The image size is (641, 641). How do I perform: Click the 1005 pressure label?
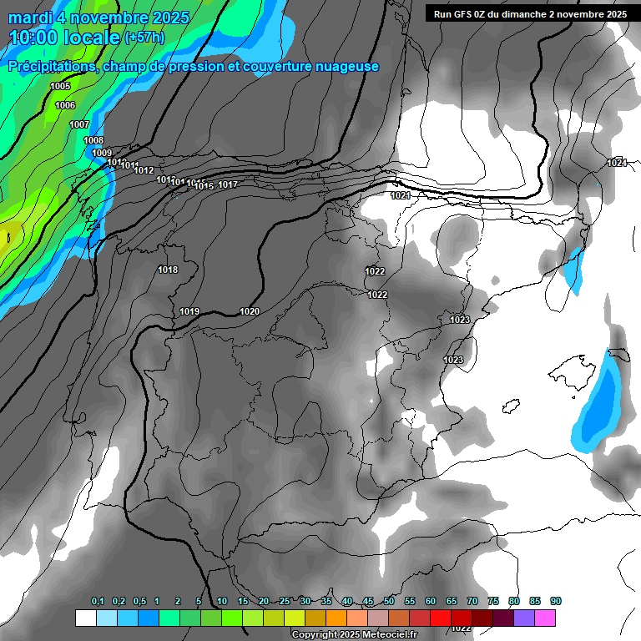click(x=60, y=87)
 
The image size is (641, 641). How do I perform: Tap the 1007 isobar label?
click(x=79, y=124)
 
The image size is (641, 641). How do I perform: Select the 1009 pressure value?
click(x=102, y=153)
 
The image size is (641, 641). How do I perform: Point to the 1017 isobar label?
click(x=229, y=184)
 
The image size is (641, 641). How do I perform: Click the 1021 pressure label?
click(x=401, y=195)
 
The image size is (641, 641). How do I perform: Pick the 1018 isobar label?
click(x=168, y=270)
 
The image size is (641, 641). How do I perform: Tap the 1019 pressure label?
click(x=189, y=312)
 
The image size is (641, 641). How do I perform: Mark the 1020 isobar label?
click(x=250, y=311)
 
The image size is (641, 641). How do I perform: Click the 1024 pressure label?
click(x=617, y=163)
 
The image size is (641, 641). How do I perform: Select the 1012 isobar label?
click(x=144, y=170)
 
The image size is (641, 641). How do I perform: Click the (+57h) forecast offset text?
click(x=144, y=38)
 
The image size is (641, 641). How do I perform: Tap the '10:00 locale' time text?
click(x=64, y=38)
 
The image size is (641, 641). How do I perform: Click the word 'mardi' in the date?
click(x=29, y=18)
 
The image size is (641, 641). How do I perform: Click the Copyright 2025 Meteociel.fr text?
click(x=354, y=634)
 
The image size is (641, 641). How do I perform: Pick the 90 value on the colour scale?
click(x=556, y=602)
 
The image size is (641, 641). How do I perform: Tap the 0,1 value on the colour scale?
click(x=98, y=602)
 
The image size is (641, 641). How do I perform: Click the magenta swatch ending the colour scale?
click(x=545, y=618)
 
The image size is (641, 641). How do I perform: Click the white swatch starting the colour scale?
click(x=85, y=618)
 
